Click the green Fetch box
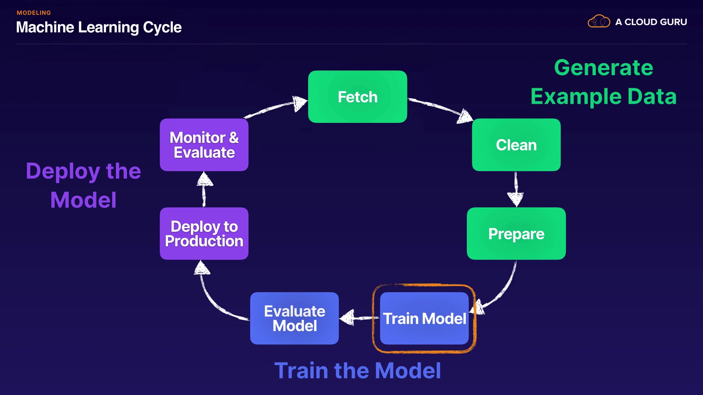coord(357,97)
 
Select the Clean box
coord(516,145)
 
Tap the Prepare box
coord(516,234)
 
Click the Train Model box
coord(424,318)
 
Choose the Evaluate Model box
coord(294,318)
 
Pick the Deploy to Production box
coord(204,234)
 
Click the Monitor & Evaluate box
coord(204,145)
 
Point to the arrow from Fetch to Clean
coord(439,108)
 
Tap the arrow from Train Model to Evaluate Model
coord(359,317)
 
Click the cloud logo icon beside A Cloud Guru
coord(599,22)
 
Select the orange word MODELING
coord(34,13)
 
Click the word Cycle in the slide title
coord(162,27)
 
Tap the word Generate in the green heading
coord(603,68)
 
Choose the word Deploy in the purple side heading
coord(63,171)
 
